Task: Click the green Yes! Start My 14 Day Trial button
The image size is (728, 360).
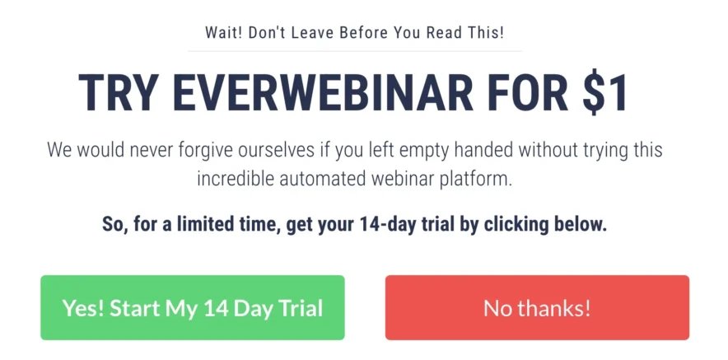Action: tap(192, 308)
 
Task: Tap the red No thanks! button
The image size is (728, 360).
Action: tap(537, 308)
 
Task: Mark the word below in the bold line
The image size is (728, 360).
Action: tap(581, 224)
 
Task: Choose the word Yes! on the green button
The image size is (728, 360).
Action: tap(83, 309)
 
